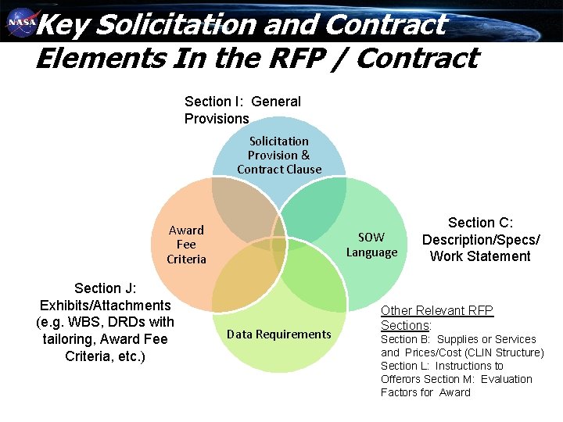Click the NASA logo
(x=21, y=24)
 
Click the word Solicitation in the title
(x=177, y=25)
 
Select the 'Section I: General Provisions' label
(x=242, y=109)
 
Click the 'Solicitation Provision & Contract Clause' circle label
(x=279, y=155)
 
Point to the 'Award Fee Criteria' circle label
(x=186, y=245)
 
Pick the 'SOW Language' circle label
(x=371, y=245)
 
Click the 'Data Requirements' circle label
(x=279, y=334)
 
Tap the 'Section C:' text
(x=480, y=223)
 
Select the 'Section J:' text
(x=105, y=288)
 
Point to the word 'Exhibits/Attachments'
(x=105, y=305)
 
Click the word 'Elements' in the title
(x=90, y=58)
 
